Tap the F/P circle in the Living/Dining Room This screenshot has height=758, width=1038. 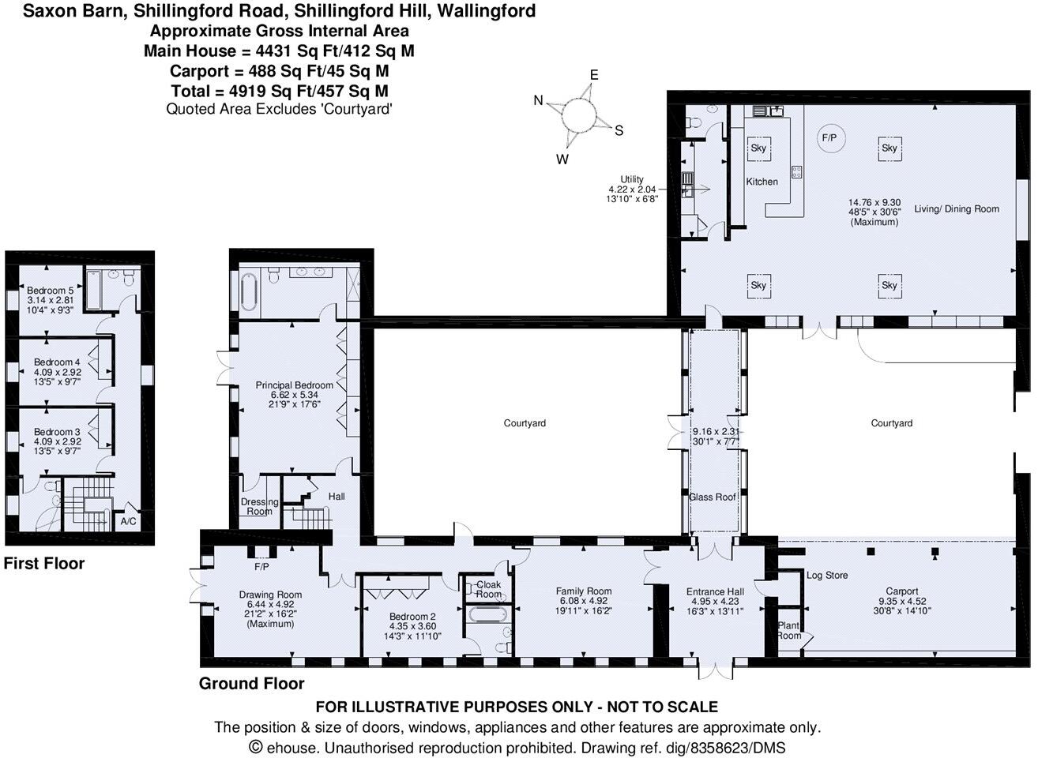coord(829,137)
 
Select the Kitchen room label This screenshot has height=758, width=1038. coord(762,182)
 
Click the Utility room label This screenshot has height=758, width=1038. coord(632,179)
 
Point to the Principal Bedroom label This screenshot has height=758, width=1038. coord(294,385)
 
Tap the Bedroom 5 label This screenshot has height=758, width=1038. coord(49,291)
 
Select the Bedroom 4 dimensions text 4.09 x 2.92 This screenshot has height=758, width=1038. coord(57,372)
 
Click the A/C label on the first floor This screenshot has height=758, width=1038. coord(128,522)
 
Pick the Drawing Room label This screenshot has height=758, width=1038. coord(271,595)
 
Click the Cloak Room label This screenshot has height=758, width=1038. coord(488,590)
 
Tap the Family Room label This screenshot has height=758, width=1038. coord(584,591)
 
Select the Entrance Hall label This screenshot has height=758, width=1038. coord(716,591)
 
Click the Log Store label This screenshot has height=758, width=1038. coord(826,575)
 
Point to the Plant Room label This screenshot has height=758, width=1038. coord(789,630)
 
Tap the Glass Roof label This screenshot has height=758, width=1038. coord(713,497)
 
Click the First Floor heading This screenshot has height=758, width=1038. coord(44,564)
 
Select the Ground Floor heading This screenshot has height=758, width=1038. coord(251,683)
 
